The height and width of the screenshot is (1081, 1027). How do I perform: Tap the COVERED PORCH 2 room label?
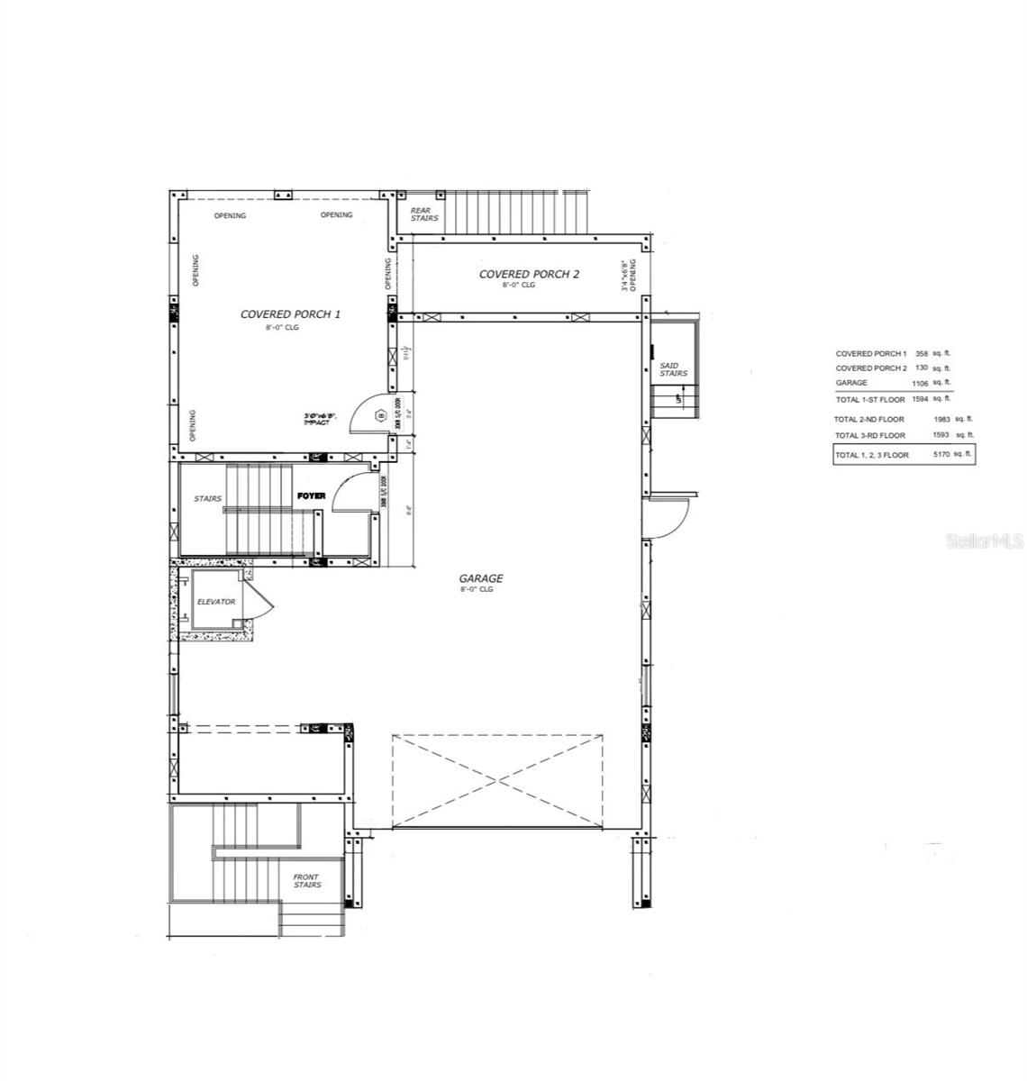click(529, 274)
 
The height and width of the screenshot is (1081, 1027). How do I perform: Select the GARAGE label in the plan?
click(481, 578)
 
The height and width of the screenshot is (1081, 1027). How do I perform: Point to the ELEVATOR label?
click(216, 602)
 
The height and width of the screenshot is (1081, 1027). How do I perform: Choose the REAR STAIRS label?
click(424, 214)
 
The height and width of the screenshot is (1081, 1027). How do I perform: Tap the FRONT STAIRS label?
click(306, 880)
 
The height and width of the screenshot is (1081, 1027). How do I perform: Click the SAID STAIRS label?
click(673, 369)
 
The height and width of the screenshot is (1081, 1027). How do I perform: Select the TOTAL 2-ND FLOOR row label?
click(868, 420)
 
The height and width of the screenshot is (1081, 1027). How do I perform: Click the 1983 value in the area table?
click(942, 420)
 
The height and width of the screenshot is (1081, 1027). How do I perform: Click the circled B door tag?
click(380, 415)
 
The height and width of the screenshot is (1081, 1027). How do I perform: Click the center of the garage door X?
click(497, 780)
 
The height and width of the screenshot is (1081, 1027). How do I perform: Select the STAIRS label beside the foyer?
click(207, 498)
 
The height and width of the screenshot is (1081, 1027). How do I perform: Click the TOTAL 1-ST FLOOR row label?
click(869, 399)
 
